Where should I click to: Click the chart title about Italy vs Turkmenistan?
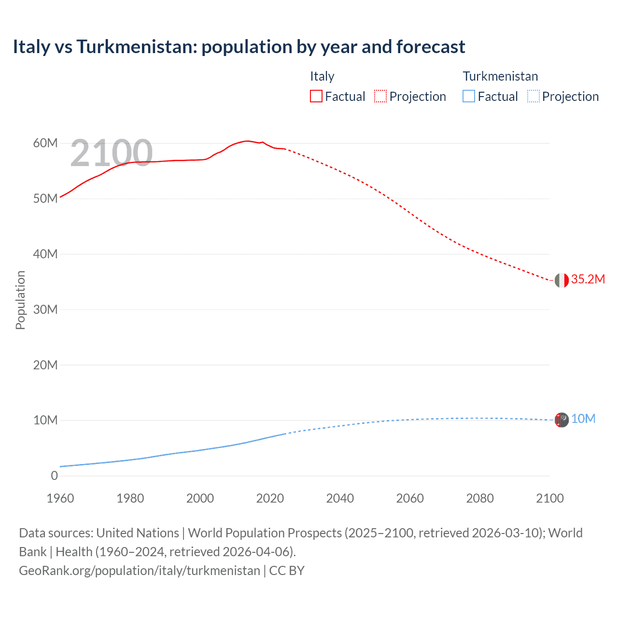tap(239, 47)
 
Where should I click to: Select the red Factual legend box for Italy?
tap(316, 97)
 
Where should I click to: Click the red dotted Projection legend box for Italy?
tap(380, 97)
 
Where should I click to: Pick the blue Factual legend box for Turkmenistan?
tap(469, 97)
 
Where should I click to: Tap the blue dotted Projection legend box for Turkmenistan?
tap(534, 97)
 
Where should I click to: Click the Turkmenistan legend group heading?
tap(500, 76)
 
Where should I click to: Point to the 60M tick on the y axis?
tap(45, 143)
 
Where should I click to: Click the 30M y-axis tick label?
tap(45, 309)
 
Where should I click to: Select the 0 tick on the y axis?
tap(54, 476)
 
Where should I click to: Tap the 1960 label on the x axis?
tap(60, 498)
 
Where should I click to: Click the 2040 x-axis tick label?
tap(340, 498)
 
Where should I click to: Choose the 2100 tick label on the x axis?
tap(549, 498)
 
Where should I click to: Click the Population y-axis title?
tap(20, 300)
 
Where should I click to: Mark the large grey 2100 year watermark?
tap(112, 153)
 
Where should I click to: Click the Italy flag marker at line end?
tap(562, 280)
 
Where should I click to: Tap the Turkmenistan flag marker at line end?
tap(562, 420)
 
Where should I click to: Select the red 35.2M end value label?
tap(588, 279)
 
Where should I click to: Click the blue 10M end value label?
tap(583, 419)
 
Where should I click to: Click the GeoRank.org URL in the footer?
tap(140, 571)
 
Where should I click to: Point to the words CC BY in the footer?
tap(287, 571)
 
